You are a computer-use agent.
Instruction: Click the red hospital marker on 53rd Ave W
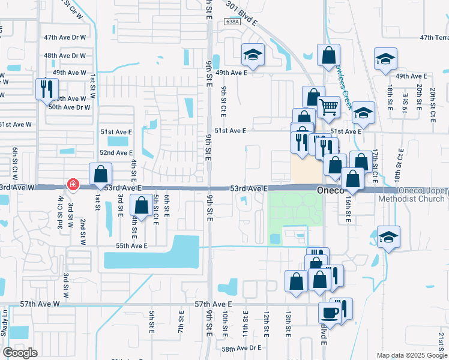coord(73,184)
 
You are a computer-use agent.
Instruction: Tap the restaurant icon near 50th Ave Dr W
coord(46,90)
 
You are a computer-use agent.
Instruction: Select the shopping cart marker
coord(328,108)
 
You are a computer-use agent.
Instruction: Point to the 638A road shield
coord(232,21)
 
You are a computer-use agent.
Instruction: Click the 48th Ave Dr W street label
coord(65,55)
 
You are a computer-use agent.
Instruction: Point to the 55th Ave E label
coord(131,246)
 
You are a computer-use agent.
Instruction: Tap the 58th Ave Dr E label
coord(242,348)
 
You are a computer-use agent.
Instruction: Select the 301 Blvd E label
coord(242,14)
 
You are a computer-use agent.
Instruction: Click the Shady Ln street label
coord(5,323)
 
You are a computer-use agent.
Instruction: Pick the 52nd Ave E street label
coord(116,153)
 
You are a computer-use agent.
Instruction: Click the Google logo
coord(20,353)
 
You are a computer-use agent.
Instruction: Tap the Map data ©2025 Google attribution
coord(411,355)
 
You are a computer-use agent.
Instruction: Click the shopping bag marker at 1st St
coord(101,174)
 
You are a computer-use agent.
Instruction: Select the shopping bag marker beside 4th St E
coord(141,206)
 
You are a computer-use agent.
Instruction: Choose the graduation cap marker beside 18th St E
coord(385,59)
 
